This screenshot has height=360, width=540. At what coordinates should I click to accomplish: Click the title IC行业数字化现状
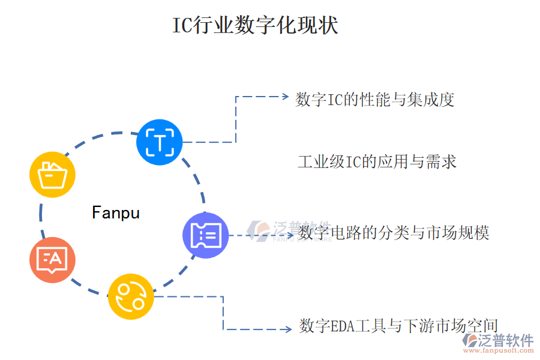click(255, 26)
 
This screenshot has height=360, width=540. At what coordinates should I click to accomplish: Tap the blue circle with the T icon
click(159, 142)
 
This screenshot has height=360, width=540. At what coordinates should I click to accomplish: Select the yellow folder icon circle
click(52, 175)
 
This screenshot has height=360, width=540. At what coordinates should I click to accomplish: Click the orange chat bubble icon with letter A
click(52, 260)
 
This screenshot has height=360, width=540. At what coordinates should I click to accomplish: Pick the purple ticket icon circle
click(205, 235)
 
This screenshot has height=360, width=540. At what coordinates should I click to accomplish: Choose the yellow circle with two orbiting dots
click(131, 296)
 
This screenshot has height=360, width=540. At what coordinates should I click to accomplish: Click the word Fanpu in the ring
click(116, 212)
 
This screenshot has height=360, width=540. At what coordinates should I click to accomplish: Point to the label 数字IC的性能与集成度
click(375, 99)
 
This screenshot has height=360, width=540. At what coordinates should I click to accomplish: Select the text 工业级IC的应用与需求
click(377, 161)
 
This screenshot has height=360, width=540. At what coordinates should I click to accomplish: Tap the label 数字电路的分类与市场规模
click(394, 232)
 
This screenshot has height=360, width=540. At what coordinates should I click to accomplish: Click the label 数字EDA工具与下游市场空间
click(398, 326)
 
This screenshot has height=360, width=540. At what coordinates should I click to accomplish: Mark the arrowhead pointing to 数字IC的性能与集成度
click(286, 96)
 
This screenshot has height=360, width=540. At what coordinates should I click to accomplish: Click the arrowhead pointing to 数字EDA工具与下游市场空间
click(288, 329)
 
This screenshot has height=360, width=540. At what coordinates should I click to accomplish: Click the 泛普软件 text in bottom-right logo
click(505, 340)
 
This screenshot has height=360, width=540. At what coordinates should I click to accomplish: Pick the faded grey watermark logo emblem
click(260, 230)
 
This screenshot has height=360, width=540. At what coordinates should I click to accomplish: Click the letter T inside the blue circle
click(159, 143)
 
